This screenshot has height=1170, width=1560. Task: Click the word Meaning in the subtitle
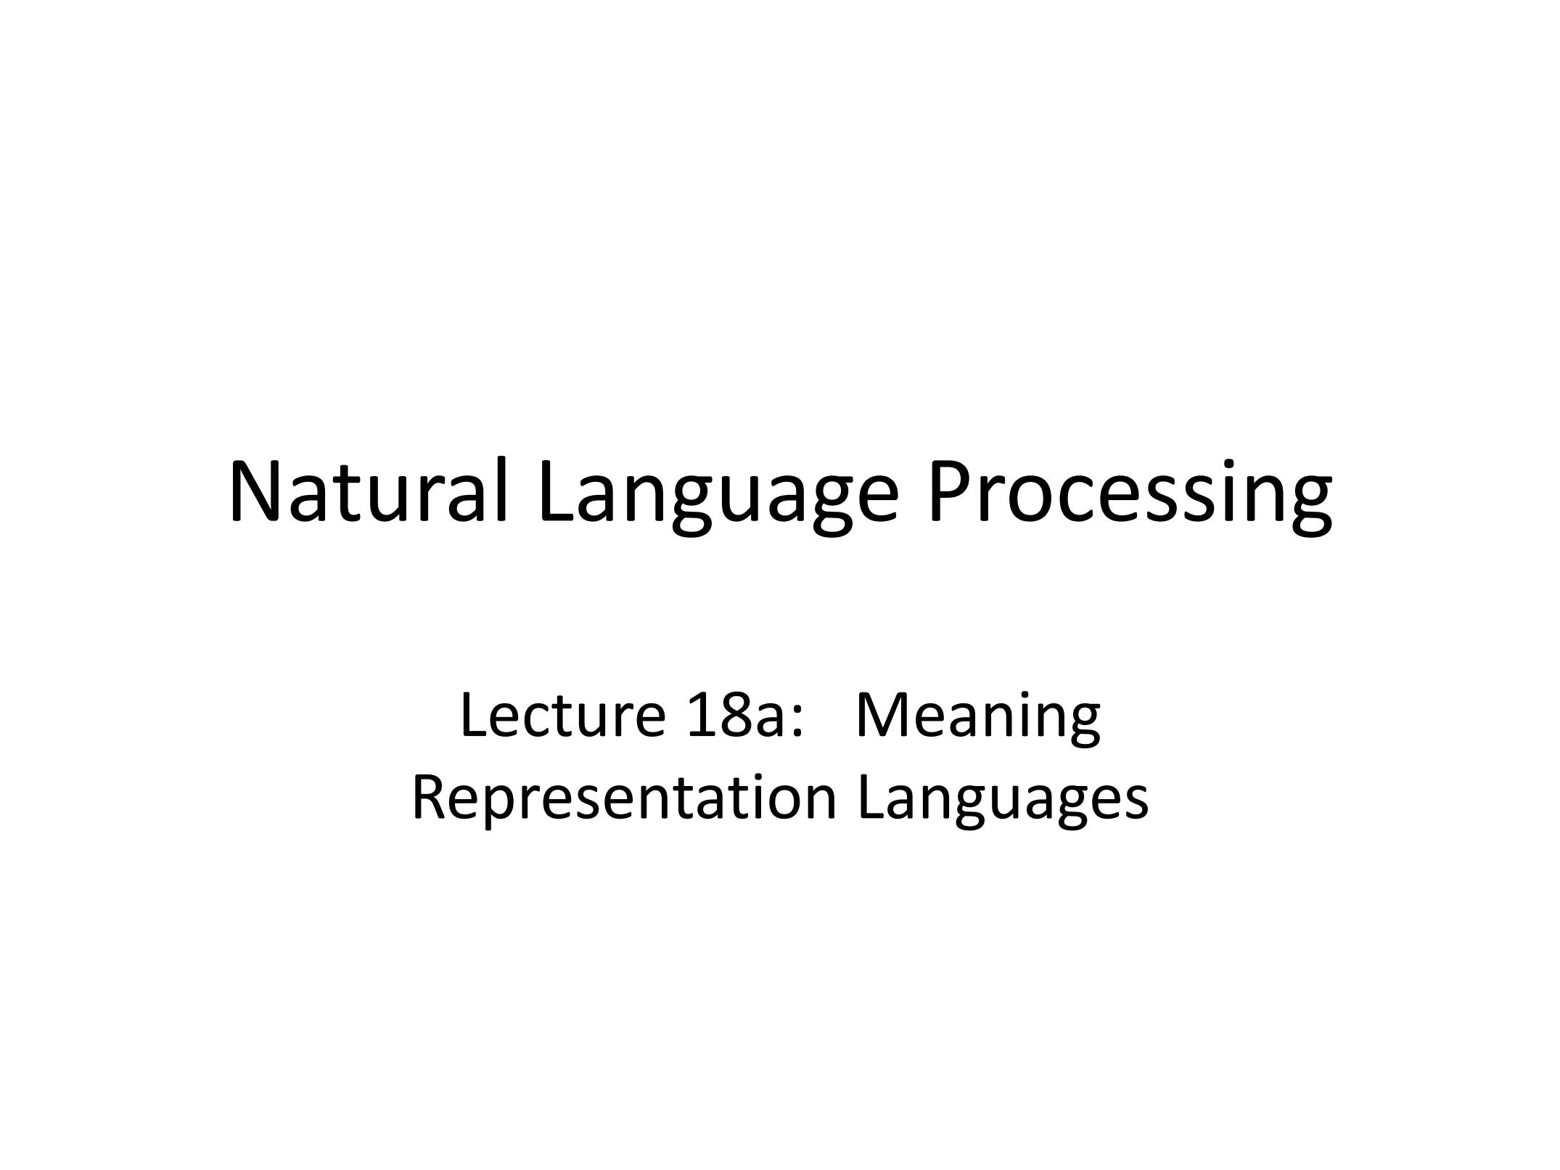[977, 721]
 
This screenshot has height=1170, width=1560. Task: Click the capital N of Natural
[255, 491]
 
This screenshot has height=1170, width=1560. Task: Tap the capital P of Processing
[953, 491]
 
